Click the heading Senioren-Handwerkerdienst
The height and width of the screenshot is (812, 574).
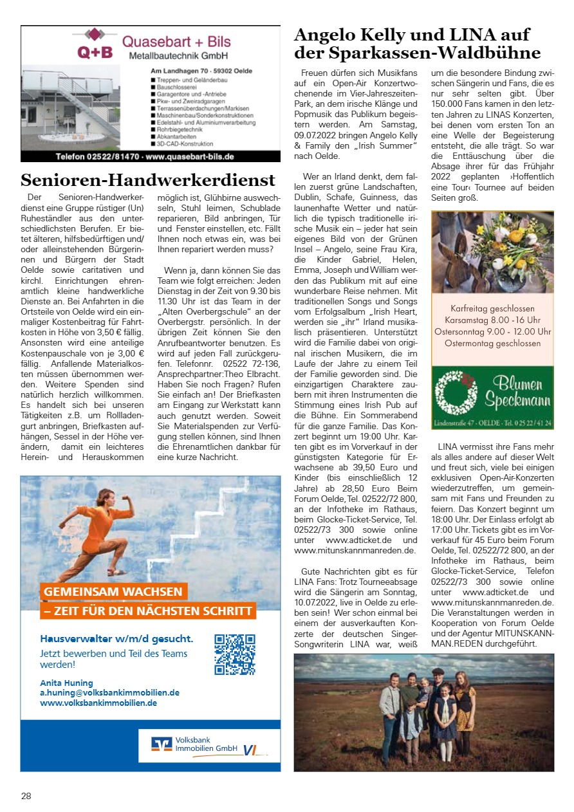149,180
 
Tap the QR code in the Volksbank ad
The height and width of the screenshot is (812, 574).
235,654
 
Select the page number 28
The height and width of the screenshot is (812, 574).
26,796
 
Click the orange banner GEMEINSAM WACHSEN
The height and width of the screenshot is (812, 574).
113,591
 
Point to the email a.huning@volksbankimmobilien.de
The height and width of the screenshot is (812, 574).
109,693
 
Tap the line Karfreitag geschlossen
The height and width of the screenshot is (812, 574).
492,308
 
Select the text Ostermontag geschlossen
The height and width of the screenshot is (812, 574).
492,343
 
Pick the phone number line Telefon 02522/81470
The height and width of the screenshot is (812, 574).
144,156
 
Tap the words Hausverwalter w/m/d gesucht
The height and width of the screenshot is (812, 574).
116,638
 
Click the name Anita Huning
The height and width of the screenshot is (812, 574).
66,683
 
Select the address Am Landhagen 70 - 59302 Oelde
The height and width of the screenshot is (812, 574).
201,70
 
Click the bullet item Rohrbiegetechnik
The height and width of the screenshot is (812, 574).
180,129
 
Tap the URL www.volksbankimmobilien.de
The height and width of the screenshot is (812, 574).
98,703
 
